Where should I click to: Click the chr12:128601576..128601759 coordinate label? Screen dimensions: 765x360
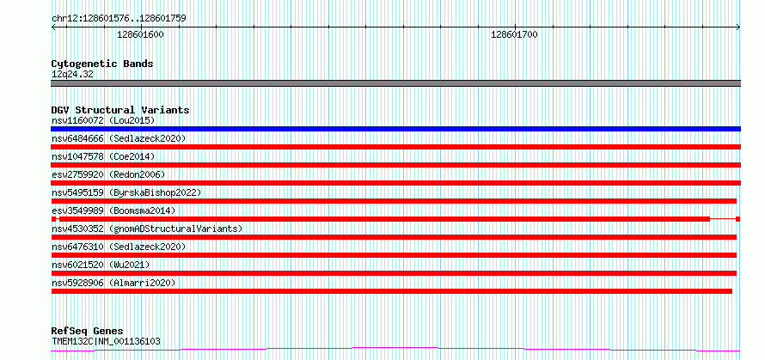pos(119,19)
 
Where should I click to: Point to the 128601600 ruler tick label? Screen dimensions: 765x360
pos(140,34)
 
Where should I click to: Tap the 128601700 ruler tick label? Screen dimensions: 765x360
pos(514,34)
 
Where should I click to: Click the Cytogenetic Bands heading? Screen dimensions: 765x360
pos(102,64)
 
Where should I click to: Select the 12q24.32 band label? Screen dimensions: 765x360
pos(72,75)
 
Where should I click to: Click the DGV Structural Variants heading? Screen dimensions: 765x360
pos(120,110)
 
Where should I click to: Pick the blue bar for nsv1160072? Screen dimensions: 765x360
pos(395,129)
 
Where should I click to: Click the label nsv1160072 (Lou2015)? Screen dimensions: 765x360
pos(103,120)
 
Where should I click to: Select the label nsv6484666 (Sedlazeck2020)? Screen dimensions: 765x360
pos(119,139)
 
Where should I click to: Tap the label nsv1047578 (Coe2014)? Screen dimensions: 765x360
pos(103,156)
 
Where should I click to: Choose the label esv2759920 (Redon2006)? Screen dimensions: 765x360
pos(108,174)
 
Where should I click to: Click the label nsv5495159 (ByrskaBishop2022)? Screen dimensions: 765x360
pos(126,192)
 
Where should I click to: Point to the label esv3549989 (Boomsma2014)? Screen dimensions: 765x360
pos(113,211)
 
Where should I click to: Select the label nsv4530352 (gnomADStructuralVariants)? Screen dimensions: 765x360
pos(147,229)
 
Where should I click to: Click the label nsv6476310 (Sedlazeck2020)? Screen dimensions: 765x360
pos(119,247)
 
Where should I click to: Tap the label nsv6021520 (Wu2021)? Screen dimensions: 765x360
pos(101,265)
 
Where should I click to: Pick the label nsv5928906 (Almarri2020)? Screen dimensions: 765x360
pos(113,283)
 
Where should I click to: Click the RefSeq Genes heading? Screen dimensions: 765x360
pos(87,332)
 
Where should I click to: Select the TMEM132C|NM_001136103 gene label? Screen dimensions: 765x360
pos(106,341)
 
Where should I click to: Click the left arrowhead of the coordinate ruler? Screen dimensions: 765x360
pos(52,27)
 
